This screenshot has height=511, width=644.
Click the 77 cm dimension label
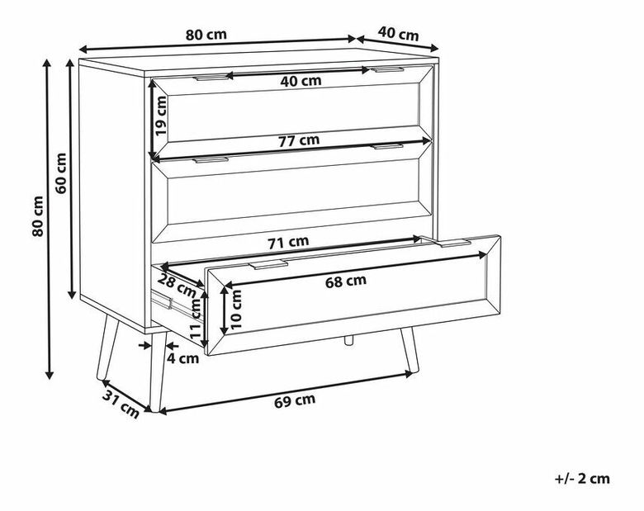point(299,140)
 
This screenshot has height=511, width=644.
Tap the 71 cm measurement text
point(288,243)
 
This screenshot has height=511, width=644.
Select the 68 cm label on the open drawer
point(345,282)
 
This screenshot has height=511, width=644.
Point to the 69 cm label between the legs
point(295,400)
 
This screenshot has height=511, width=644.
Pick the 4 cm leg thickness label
point(182,358)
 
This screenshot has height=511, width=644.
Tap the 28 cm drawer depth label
point(178,286)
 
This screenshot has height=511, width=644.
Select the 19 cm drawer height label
point(160,116)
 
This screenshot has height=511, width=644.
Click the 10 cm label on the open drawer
point(236,310)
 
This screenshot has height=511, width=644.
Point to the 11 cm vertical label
point(197,318)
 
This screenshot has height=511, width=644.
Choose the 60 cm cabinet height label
point(61,173)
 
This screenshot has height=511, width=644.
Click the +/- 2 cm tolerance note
point(582,479)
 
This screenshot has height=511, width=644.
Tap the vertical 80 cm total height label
point(37,216)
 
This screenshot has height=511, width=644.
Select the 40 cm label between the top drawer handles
point(301,81)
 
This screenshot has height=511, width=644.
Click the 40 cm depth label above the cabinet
point(398,34)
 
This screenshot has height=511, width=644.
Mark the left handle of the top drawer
point(212,77)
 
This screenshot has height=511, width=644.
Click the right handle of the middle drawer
point(388,146)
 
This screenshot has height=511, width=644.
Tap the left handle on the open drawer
point(268,264)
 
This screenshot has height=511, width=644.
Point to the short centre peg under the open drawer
point(348,339)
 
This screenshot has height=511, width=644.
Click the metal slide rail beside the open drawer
point(161,299)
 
